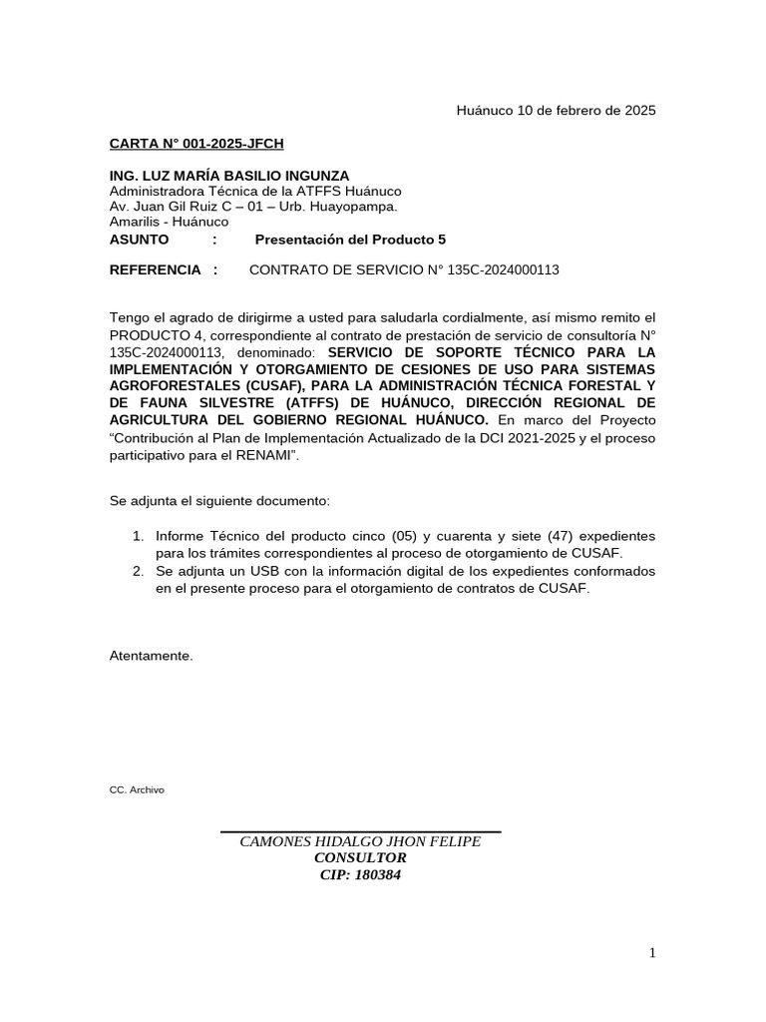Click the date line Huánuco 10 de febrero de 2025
[556, 111]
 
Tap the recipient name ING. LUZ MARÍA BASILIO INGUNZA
[229, 176]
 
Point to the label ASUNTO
[139, 240]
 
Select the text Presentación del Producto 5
[350, 240]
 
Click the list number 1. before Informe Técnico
[139, 537]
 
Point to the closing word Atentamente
[151, 656]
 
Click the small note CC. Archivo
[137, 789]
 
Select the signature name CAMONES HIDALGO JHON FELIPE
[360, 841]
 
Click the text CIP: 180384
[360, 875]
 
